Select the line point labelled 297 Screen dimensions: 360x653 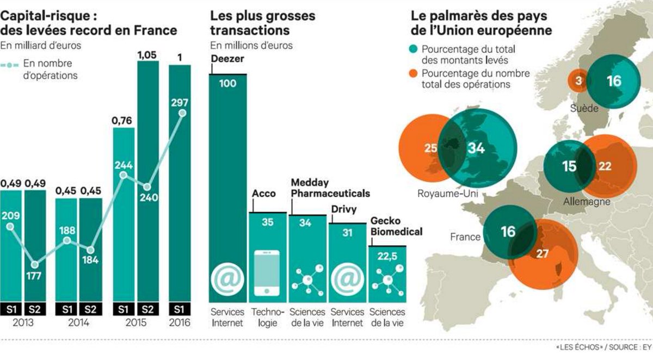(182, 113)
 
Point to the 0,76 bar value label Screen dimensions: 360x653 (123, 120)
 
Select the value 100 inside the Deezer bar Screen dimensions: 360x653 (228, 83)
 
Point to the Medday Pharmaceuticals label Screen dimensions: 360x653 (330, 188)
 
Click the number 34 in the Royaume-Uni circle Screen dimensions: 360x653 (476, 148)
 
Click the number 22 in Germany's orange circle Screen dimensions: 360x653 (605, 166)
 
